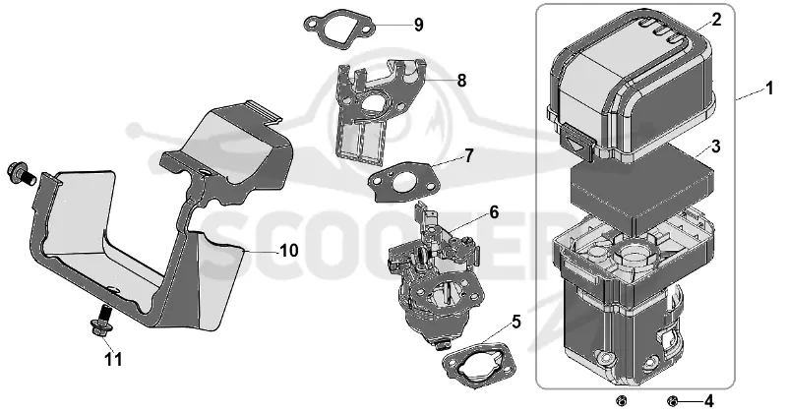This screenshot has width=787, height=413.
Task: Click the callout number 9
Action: click(x=419, y=25)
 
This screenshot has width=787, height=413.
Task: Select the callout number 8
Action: click(x=461, y=81)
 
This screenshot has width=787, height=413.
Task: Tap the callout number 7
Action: click(x=469, y=155)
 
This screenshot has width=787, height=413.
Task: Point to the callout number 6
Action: click(x=494, y=212)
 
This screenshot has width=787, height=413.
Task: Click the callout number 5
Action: click(x=516, y=322)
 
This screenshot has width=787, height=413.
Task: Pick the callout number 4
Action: click(x=708, y=401)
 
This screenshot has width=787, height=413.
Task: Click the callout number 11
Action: click(x=113, y=359)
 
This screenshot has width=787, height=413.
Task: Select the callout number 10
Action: click(x=288, y=250)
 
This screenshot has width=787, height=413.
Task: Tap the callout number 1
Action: click(x=769, y=89)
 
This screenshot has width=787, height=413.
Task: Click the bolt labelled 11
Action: click(x=102, y=322)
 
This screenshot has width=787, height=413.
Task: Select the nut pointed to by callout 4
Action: click(x=673, y=401)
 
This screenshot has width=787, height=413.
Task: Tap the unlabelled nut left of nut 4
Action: click(x=622, y=400)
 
